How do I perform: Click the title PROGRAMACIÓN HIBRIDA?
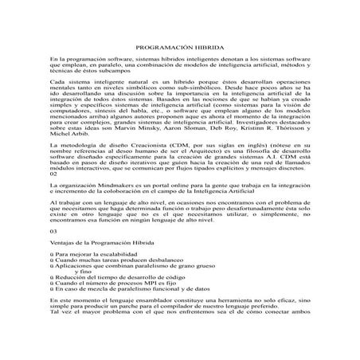[x=180, y=48]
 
